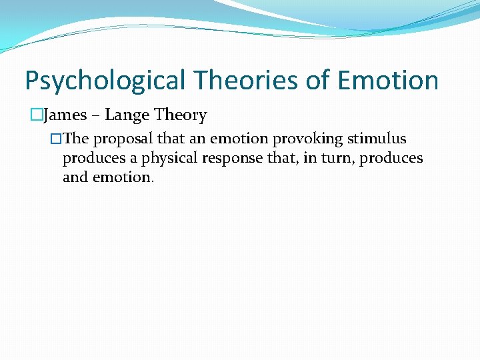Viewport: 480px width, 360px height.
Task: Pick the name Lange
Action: [x=127, y=115]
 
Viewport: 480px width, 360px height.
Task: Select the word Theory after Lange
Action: [x=181, y=116]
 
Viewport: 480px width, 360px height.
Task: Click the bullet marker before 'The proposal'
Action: [x=56, y=139]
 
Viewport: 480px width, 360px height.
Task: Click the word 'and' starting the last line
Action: [x=74, y=177]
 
